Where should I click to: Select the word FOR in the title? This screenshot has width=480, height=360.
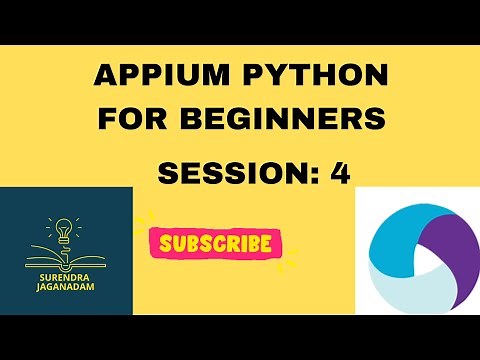click(133, 118)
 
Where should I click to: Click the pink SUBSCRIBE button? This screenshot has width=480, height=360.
click(215, 242)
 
